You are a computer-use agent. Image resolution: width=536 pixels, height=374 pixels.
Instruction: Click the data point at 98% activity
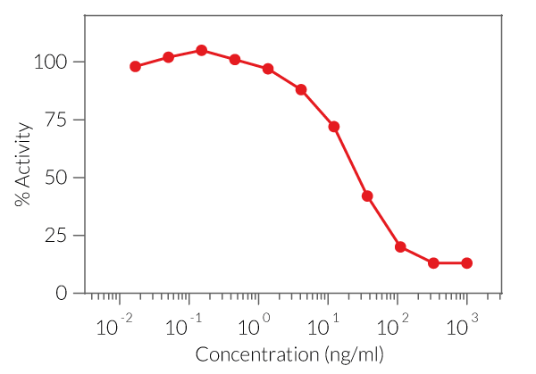(x=136, y=67)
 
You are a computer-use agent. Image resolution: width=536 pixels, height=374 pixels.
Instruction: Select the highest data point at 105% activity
(x=202, y=51)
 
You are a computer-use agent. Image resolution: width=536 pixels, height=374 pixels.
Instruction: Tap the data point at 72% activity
(x=334, y=127)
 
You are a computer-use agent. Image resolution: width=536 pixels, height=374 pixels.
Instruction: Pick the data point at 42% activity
(x=367, y=195)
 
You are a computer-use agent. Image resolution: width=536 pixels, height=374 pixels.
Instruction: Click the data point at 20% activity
(x=400, y=247)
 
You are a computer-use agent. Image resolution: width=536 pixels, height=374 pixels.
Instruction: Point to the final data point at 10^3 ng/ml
(x=466, y=263)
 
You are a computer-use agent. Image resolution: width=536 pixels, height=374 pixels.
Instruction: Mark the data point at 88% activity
(x=301, y=90)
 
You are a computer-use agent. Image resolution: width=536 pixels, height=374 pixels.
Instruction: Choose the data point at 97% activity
(x=268, y=70)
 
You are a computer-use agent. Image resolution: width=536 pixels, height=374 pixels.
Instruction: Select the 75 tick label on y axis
(x=56, y=120)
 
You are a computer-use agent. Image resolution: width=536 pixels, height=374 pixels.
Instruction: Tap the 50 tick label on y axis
(x=56, y=178)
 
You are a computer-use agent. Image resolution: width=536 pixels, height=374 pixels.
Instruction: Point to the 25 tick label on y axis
(x=56, y=236)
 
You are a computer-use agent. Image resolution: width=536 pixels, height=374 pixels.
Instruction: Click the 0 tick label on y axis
(x=62, y=293)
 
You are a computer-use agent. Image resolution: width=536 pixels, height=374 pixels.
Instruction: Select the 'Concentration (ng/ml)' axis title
(x=289, y=354)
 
